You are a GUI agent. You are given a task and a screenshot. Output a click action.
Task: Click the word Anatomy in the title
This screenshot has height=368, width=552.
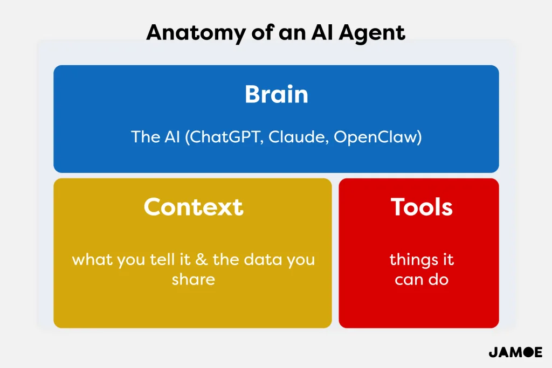tap(196, 33)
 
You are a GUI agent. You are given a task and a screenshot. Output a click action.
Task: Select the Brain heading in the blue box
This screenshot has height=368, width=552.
tap(277, 94)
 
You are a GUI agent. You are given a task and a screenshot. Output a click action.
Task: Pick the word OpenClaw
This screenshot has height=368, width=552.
tap(375, 137)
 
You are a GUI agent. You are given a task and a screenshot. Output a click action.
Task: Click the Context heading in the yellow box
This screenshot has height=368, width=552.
tap(194, 207)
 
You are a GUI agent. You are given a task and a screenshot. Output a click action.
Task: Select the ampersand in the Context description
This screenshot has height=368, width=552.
tap(202, 260)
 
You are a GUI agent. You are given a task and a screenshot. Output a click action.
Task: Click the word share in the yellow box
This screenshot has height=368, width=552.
tap(194, 279)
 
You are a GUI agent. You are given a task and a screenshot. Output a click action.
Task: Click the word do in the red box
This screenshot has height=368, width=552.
tap(438, 279)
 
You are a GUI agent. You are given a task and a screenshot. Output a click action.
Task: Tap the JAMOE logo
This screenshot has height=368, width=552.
tap(515, 352)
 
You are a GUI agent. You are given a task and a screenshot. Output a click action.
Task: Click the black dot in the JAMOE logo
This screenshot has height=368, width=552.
tap(527, 352)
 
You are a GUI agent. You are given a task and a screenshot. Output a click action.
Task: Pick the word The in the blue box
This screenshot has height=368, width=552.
tap(146, 137)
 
